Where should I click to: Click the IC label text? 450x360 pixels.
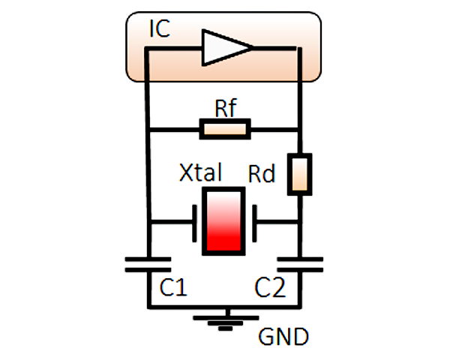point(160,28)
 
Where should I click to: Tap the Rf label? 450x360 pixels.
point(226,108)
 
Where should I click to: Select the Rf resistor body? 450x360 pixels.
point(225,129)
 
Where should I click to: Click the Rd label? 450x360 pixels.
point(262,173)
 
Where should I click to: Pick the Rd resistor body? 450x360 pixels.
point(300,174)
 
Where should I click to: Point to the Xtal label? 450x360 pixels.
point(200,172)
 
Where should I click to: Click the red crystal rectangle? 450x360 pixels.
point(223,221)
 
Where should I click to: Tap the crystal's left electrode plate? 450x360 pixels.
point(194,223)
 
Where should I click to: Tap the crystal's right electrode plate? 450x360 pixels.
point(254,223)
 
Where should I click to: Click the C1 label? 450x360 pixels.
point(173,287)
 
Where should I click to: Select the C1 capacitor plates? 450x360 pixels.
point(148,265)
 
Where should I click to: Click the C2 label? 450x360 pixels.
point(270,287)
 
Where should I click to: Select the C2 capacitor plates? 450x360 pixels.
point(300,265)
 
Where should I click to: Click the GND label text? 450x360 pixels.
point(283,337)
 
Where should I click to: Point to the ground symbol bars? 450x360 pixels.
point(226,323)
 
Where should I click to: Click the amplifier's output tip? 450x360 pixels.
point(253,48)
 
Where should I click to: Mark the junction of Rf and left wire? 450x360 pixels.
point(148,130)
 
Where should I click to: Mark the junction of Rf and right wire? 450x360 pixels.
point(300,130)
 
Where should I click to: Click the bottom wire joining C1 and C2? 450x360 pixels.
point(224,307)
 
